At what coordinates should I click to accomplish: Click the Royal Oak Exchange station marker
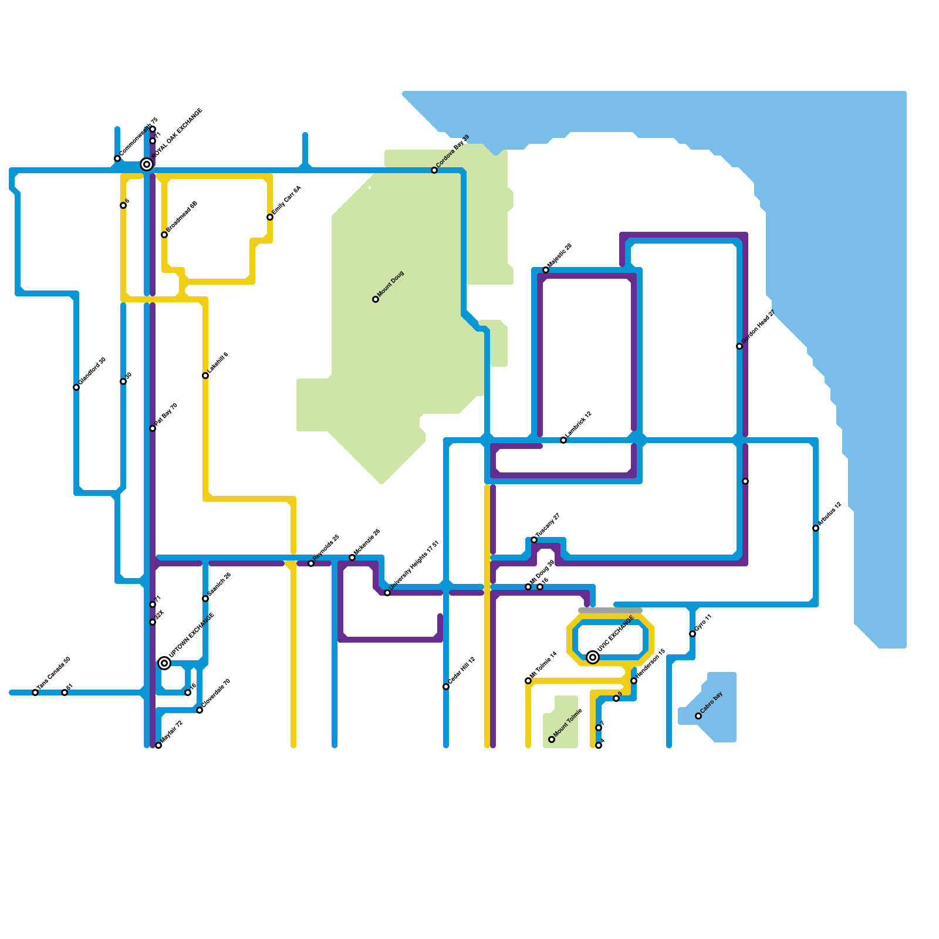click(147, 164)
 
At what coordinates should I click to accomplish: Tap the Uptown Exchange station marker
click(164, 663)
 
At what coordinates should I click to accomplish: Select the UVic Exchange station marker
click(593, 657)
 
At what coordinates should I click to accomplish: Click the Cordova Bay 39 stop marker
click(434, 170)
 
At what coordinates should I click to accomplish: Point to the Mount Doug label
click(390, 284)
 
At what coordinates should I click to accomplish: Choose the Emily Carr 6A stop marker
click(270, 217)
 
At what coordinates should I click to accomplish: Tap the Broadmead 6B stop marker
click(164, 235)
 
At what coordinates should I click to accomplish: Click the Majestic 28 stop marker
click(546, 270)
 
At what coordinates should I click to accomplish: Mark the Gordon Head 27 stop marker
click(739, 346)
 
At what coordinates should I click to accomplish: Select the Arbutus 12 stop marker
click(816, 528)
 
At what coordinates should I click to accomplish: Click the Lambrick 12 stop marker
click(563, 440)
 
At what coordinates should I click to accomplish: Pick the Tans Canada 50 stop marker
click(35, 693)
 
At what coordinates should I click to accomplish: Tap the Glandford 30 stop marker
click(76, 387)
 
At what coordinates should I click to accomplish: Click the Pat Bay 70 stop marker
click(153, 428)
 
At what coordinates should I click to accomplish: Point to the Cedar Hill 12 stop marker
click(446, 687)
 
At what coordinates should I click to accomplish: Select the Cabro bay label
click(711, 702)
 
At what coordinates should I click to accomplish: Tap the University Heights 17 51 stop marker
click(387, 593)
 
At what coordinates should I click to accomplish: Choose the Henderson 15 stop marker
click(634, 681)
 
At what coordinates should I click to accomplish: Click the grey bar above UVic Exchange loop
click(610, 610)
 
